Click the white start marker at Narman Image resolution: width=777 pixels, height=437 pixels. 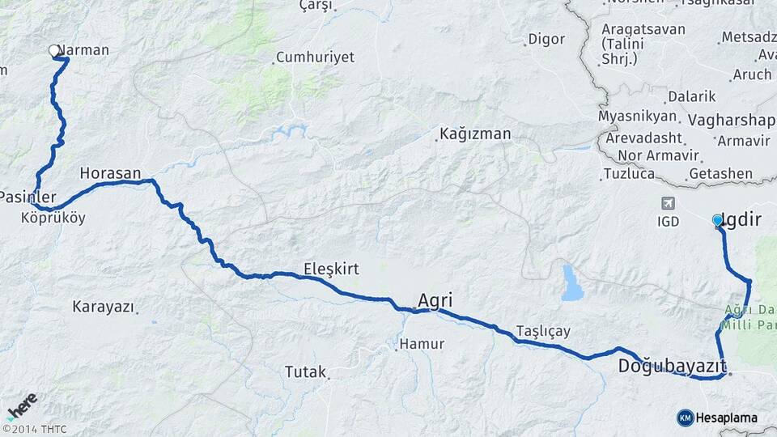point(54,50)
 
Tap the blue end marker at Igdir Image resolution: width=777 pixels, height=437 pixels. point(717,219)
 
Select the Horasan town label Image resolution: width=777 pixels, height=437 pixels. point(111,173)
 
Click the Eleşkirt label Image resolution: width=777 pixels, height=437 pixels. point(331,268)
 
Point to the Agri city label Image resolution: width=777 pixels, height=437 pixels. point(435,301)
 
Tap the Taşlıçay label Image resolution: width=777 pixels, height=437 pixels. point(543,331)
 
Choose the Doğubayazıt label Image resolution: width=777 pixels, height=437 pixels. point(672,366)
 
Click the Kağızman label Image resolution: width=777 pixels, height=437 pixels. point(476,134)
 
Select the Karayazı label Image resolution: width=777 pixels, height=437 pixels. point(103,307)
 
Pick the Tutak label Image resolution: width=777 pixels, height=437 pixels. point(304,372)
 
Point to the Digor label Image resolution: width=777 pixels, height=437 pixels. point(546,39)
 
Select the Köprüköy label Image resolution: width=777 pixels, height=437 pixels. point(53,218)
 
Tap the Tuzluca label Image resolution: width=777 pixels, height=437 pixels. point(629,174)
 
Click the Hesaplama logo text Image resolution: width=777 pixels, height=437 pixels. point(726,418)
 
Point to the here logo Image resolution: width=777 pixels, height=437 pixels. point(22,406)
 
